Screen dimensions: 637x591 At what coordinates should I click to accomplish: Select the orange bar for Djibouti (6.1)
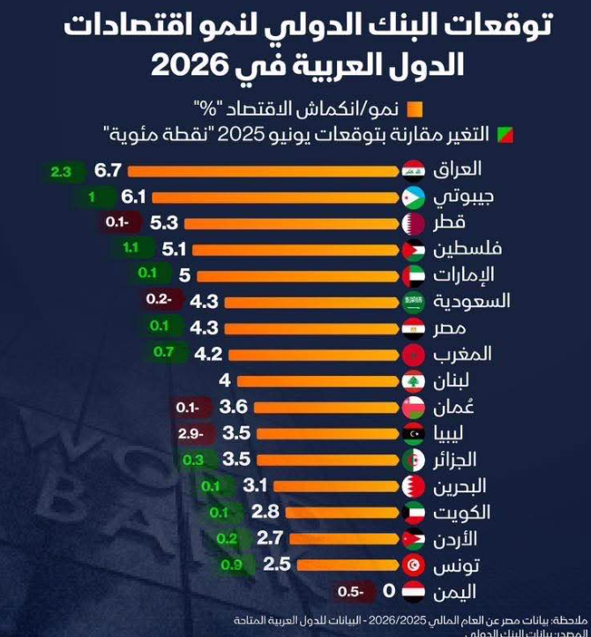(x=273, y=197)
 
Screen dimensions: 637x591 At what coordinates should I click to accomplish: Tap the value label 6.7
(x=108, y=170)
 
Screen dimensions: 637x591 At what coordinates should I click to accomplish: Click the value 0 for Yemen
(x=385, y=592)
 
